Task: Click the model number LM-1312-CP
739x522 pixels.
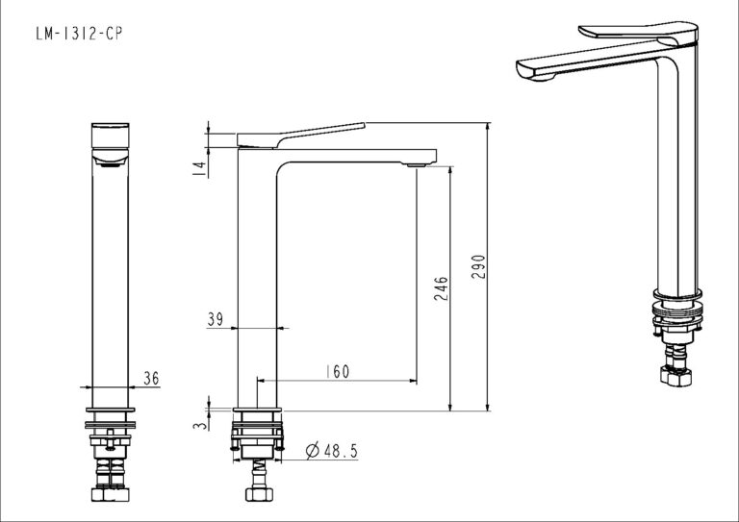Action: pyautogui.click(x=79, y=34)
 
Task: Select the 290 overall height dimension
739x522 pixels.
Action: pyautogui.click(x=478, y=266)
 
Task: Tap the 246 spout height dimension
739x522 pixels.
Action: pyautogui.click(x=441, y=288)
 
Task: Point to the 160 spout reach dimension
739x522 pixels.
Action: pyautogui.click(x=339, y=371)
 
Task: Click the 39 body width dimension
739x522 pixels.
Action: pyautogui.click(x=216, y=319)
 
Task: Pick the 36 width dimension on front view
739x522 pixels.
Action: pyautogui.click(x=151, y=378)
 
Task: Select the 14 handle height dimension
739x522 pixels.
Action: pyautogui.click(x=200, y=169)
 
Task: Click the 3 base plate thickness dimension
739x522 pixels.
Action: pyautogui.click(x=200, y=425)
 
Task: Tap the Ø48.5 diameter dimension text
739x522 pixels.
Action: pyautogui.click(x=332, y=451)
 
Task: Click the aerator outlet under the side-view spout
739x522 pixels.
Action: pyautogui.click(x=417, y=165)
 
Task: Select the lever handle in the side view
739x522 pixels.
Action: pyautogui.click(x=300, y=136)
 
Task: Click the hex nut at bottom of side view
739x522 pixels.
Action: pyautogui.click(x=259, y=494)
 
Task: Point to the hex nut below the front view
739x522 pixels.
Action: pyautogui.click(x=110, y=494)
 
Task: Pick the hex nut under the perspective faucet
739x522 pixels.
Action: pyautogui.click(x=675, y=376)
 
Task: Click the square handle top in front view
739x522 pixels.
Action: pyautogui.click(x=110, y=136)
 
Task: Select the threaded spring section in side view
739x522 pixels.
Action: pyautogui.click(x=259, y=467)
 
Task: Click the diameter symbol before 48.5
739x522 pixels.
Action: pyautogui.click(x=313, y=451)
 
